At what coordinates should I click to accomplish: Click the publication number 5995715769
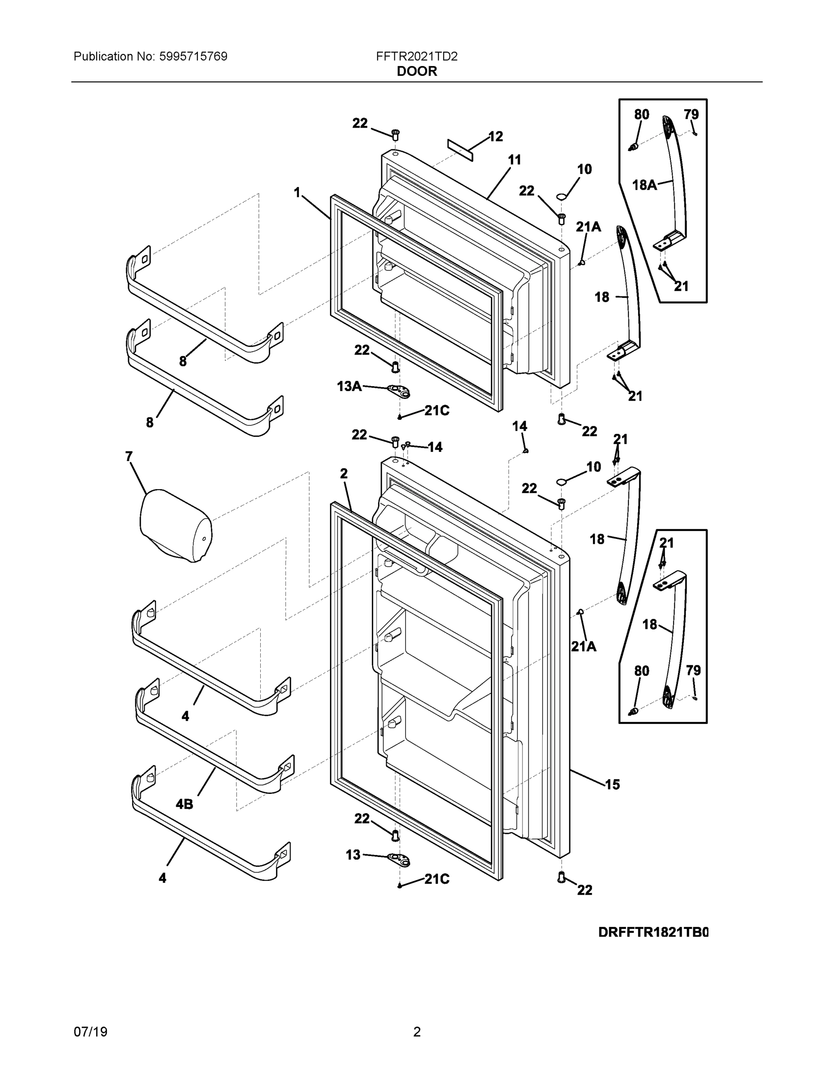[x=193, y=56]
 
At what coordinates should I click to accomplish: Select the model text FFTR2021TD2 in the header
[x=416, y=56]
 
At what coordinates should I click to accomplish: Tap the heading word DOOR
[x=416, y=71]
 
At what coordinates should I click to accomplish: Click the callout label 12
[x=495, y=136]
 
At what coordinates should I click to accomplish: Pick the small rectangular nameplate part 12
[x=460, y=150]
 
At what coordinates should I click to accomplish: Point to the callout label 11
[x=514, y=160]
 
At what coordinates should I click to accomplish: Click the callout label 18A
[x=644, y=185]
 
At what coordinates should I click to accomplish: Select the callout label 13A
[x=349, y=386]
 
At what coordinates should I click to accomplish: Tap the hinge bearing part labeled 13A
[x=400, y=392]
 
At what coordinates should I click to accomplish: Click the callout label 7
[x=129, y=456]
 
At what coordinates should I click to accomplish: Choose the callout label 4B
[x=184, y=804]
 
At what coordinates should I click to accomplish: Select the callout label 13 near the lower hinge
[x=353, y=855]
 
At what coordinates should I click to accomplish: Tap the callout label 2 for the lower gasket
[x=344, y=474]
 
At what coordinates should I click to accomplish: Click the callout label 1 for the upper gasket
[x=297, y=193]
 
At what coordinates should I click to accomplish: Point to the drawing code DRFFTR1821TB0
[x=653, y=932]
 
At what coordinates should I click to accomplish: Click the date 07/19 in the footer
[x=90, y=1032]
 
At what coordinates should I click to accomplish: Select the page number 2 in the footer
[x=416, y=1032]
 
